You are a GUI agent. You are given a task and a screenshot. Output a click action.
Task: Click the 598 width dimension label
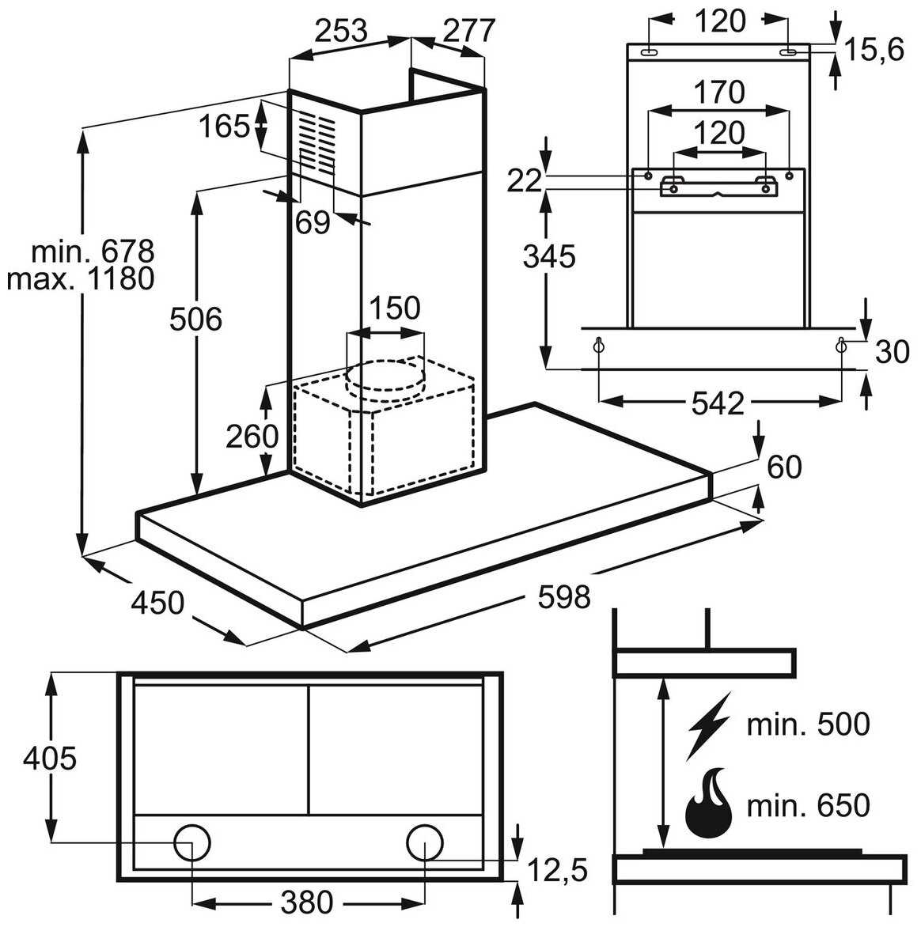pyautogui.click(x=563, y=596)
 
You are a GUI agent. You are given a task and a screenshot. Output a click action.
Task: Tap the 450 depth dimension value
pyautogui.click(x=157, y=603)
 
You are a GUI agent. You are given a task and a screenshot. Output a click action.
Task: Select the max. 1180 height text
pyautogui.click(x=80, y=278)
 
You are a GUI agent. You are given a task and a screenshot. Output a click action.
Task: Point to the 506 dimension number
pyautogui.click(x=195, y=320)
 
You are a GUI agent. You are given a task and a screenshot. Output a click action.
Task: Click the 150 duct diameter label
pyautogui.click(x=394, y=308)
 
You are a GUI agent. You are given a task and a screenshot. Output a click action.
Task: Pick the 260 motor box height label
pyautogui.click(x=252, y=436)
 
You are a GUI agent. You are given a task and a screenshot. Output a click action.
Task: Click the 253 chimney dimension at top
pyautogui.click(x=342, y=31)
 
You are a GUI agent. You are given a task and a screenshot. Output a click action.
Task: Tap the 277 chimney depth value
pyautogui.click(x=468, y=31)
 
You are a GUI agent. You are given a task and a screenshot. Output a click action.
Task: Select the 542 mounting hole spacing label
pyautogui.click(x=718, y=403)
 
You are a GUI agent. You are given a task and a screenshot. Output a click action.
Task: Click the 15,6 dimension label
pyautogui.click(x=873, y=51)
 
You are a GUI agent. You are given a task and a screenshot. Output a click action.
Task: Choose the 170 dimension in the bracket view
pyautogui.click(x=719, y=93)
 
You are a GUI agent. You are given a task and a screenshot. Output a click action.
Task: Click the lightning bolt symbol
pyautogui.click(x=709, y=725)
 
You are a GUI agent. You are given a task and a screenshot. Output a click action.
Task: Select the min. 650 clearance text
pyautogui.click(x=808, y=805)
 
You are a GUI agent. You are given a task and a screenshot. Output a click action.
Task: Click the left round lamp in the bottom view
pyautogui.click(x=191, y=844)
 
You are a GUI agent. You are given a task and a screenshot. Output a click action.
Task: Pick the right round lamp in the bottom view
pyautogui.click(x=426, y=844)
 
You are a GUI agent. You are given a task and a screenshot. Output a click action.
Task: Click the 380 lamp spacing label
pyautogui.click(x=306, y=901)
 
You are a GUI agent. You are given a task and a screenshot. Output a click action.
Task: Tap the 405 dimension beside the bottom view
pyautogui.click(x=49, y=759)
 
